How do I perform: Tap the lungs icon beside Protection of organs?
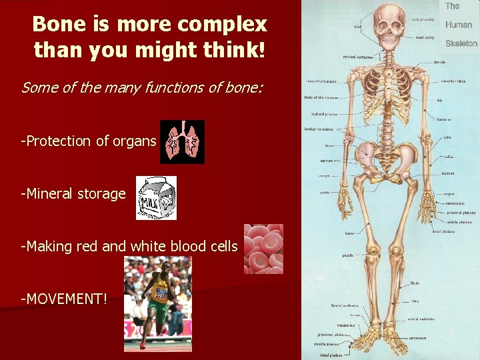pyautogui.click(x=183, y=141)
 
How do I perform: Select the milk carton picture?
pyautogui.click(x=157, y=198)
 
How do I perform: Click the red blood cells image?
pyautogui.click(x=263, y=249)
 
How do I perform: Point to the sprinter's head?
pyautogui.click(x=159, y=269)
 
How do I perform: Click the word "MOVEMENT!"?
pyautogui.click(x=64, y=298)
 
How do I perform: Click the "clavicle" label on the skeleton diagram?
pyautogui.click(x=439, y=62)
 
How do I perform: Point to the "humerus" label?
pyautogui.click(x=444, y=120)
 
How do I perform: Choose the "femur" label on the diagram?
pyautogui.click(x=349, y=233)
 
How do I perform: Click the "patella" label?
pyautogui.click(x=348, y=255)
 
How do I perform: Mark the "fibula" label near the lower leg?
pyautogui.click(x=415, y=283)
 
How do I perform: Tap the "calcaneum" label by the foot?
pyautogui.click(x=418, y=329)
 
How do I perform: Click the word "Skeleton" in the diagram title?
pyautogui.click(x=461, y=43)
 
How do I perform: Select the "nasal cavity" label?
pyautogui.click(x=425, y=37)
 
